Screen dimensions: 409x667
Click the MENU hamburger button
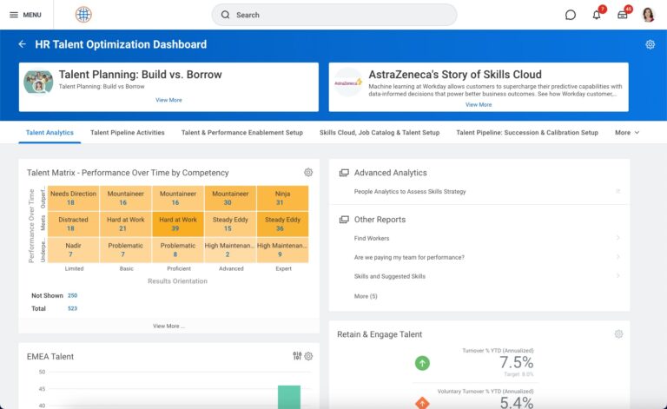point(25,15)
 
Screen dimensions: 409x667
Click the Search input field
point(334,15)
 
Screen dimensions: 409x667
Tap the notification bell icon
point(597,15)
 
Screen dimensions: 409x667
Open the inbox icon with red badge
point(623,15)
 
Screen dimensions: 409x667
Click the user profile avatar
point(648,15)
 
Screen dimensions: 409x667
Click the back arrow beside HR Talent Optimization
point(23,44)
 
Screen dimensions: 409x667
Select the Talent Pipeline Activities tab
point(127,133)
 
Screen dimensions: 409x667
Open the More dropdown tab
point(626,133)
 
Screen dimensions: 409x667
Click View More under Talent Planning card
point(168,100)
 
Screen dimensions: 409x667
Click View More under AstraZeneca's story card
point(478,104)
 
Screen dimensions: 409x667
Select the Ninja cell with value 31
point(282,198)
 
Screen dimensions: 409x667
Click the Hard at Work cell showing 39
point(178,224)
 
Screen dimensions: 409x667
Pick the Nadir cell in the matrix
point(74,250)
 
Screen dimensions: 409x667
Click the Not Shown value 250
point(72,295)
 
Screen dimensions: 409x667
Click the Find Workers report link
point(372,238)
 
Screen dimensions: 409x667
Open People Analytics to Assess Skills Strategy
point(410,191)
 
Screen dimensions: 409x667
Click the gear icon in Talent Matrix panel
point(308,173)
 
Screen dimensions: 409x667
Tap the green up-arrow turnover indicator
point(422,363)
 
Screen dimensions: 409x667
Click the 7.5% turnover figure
point(516,363)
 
